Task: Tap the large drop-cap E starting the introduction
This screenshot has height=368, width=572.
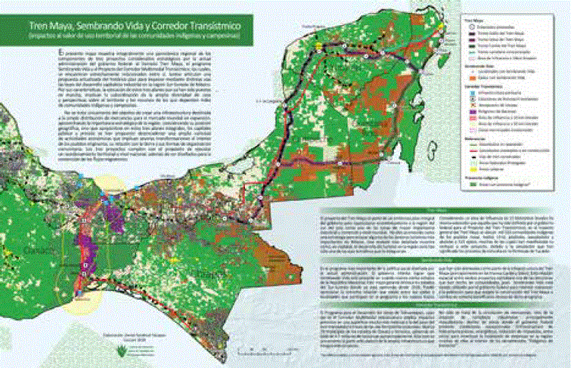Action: (61, 51)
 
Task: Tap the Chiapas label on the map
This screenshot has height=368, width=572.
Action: (202, 273)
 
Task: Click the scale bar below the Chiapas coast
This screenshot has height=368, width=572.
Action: (266, 346)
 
